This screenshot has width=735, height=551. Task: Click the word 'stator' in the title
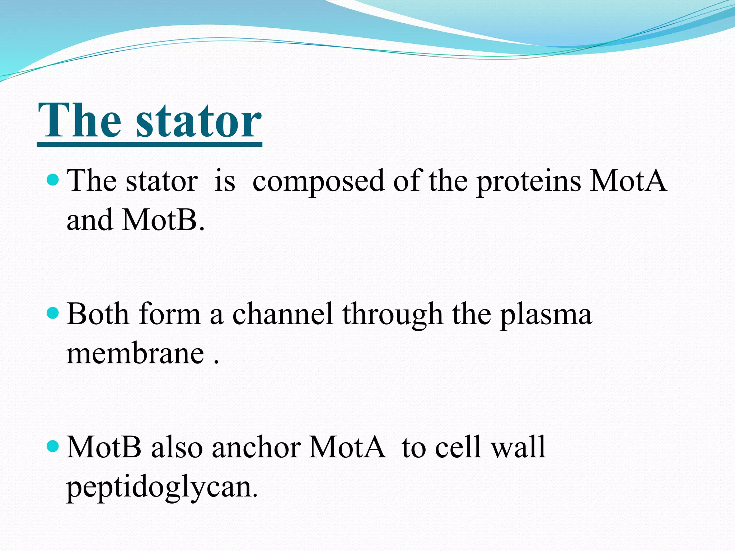[x=198, y=121]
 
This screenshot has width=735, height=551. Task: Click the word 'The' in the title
[x=80, y=121]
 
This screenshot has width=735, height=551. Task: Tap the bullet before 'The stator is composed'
[x=53, y=179]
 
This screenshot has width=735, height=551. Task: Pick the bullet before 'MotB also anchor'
[x=53, y=446]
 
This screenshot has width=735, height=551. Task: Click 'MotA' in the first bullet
[x=628, y=181]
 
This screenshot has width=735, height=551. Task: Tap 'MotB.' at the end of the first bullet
[x=163, y=220]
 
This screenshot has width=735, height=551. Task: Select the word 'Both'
[x=98, y=314]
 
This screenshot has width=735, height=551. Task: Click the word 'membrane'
[x=135, y=354]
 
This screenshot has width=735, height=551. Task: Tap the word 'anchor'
[x=256, y=448]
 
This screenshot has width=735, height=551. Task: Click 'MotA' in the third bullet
[x=347, y=448]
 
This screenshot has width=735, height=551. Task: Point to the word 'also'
[x=177, y=448]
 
